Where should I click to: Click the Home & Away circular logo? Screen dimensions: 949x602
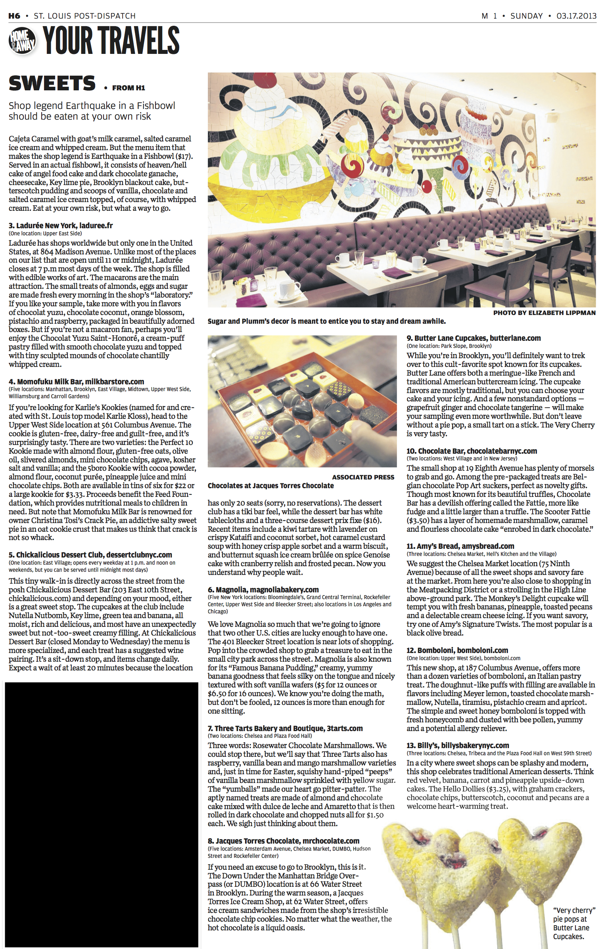[x=22, y=41]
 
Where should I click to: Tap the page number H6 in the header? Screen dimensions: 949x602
[x=14, y=16]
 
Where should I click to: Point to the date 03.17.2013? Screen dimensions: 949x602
[x=576, y=16]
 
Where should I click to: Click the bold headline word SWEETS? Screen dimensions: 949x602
[x=52, y=84]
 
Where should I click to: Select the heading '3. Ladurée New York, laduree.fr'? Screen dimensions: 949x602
[x=61, y=225]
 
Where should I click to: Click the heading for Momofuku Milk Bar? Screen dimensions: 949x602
[x=77, y=382]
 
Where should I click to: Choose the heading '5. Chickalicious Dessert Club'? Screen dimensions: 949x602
[x=90, y=555]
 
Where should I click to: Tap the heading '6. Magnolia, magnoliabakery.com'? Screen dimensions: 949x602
[x=263, y=590]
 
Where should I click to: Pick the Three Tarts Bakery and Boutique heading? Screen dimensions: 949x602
[x=285, y=728]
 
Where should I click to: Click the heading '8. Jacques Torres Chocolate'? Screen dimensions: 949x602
[x=284, y=841]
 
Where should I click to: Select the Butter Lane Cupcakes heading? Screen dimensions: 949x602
[x=474, y=338]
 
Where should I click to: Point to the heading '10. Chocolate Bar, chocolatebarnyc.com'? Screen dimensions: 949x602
[x=472, y=451]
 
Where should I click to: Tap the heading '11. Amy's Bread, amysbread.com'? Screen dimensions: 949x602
[x=460, y=546]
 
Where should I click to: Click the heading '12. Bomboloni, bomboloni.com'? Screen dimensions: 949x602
[x=457, y=650]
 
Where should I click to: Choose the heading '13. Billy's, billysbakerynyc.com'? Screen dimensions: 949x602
[x=458, y=745]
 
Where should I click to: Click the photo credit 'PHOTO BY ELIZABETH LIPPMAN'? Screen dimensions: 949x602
[x=544, y=313]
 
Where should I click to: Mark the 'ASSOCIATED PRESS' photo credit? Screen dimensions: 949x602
[x=363, y=477]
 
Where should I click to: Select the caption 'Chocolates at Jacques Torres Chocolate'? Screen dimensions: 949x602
[x=271, y=485]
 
